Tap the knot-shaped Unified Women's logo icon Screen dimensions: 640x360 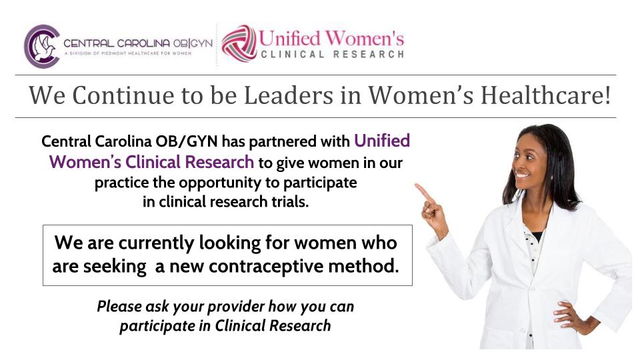pyautogui.click(x=239, y=44)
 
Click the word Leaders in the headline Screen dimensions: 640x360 pyautogui.click(x=289, y=95)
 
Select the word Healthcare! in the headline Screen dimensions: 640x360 pyautogui.click(x=546, y=95)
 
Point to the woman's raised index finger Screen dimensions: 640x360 pyautogui.click(x=424, y=192)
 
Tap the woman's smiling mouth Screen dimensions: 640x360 pyautogui.click(x=521, y=175)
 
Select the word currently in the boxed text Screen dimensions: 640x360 pyautogui.click(x=156, y=243)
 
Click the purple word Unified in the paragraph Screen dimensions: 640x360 pyautogui.click(x=382, y=141)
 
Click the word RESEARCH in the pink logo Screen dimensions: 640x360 pyautogui.click(x=369, y=55)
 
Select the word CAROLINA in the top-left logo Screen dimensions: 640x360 pyautogui.click(x=143, y=43)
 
